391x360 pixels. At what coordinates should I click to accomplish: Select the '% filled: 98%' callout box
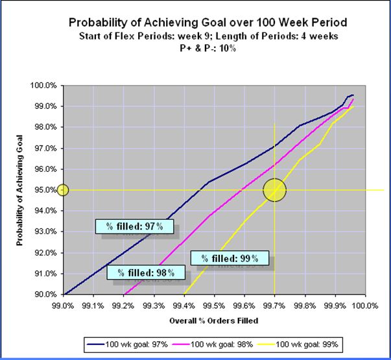(x=141, y=272)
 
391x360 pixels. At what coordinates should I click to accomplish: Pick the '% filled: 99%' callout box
(x=230, y=259)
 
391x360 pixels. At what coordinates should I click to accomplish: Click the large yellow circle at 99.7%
(x=274, y=190)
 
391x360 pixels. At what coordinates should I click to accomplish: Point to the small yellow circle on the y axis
(x=63, y=190)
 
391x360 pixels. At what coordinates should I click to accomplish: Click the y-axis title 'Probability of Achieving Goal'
(x=20, y=190)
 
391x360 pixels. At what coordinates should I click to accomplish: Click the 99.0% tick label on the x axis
(x=63, y=304)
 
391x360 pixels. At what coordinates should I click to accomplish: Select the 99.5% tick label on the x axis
(x=214, y=304)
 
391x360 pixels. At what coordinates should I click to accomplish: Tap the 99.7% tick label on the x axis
(x=274, y=304)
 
